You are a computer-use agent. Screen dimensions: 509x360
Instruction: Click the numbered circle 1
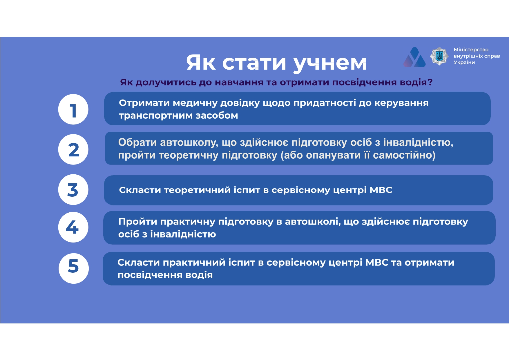[73, 109]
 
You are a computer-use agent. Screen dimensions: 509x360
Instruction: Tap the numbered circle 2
[73, 149]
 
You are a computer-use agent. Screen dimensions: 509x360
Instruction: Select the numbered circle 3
[73, 189]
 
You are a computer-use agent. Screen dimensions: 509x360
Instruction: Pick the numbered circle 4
[73, 227]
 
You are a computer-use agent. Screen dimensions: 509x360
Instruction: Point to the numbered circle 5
[74, 268]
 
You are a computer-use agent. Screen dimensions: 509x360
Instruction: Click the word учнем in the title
[330, 63]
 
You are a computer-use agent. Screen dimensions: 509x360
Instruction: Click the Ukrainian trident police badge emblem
[439, 56]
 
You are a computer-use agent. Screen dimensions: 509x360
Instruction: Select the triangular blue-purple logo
[414, 57]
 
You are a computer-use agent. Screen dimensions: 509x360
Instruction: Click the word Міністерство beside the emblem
[471, 50]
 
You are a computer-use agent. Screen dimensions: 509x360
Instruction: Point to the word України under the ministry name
[464, 62]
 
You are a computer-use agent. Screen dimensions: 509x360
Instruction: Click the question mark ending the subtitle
[430, 82]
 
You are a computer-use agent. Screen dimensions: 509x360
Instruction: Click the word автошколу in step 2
[189, 143]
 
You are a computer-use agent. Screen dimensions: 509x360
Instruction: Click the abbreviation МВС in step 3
[381, 190]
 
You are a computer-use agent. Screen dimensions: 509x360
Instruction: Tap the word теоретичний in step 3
[197, 190]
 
